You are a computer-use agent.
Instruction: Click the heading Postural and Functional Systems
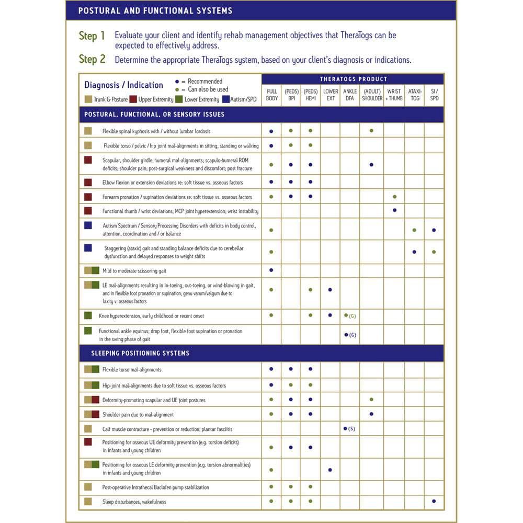tap(155, 10)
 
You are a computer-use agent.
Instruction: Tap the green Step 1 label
tap(92, 36)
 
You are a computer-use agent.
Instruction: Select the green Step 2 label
tap(92, 59)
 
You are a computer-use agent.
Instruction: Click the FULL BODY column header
tap(271, 95)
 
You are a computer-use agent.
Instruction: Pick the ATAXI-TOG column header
tap(415, 95)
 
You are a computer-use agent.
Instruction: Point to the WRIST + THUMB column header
tap(394, 95)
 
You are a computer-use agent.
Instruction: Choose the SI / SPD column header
tap(434, 95)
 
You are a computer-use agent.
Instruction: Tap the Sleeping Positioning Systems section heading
tap(140, 353)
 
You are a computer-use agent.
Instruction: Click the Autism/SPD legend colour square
tap(226, 99)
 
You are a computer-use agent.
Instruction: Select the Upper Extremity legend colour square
tap(133, 99)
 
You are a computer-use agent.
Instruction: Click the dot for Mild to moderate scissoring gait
tap(271, 270)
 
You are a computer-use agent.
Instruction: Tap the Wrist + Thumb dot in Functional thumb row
tap(394, 210)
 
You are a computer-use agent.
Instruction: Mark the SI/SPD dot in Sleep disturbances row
tap(434, 501)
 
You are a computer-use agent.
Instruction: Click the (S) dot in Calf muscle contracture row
tap(345, 428)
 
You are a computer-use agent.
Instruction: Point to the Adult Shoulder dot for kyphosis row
tap(371, 130)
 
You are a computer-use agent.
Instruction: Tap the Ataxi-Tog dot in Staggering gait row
tap(414, 252)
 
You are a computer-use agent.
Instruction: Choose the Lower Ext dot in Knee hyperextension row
tap(330, 315)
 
